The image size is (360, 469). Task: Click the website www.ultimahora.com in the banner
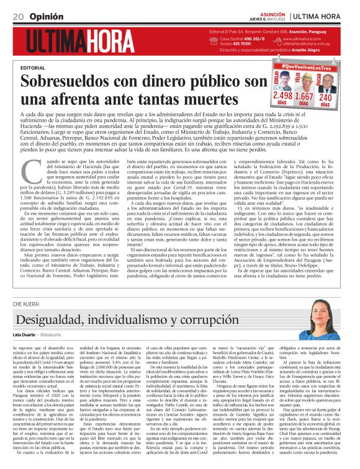[304, 38]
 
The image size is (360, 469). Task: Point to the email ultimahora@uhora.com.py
[307, 44]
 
